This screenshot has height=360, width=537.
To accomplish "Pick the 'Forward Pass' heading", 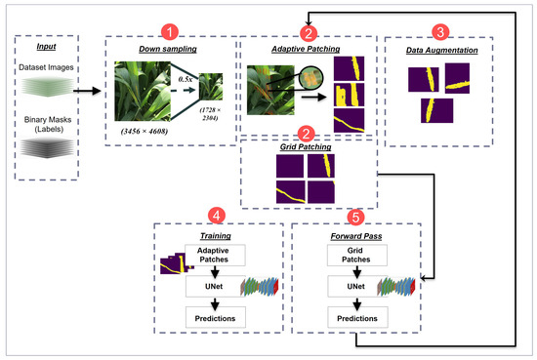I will tap(355, 235).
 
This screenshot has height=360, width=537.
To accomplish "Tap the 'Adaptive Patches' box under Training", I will tap(215, 257).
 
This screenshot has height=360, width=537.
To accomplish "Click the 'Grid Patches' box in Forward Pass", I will tap(354, 257).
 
